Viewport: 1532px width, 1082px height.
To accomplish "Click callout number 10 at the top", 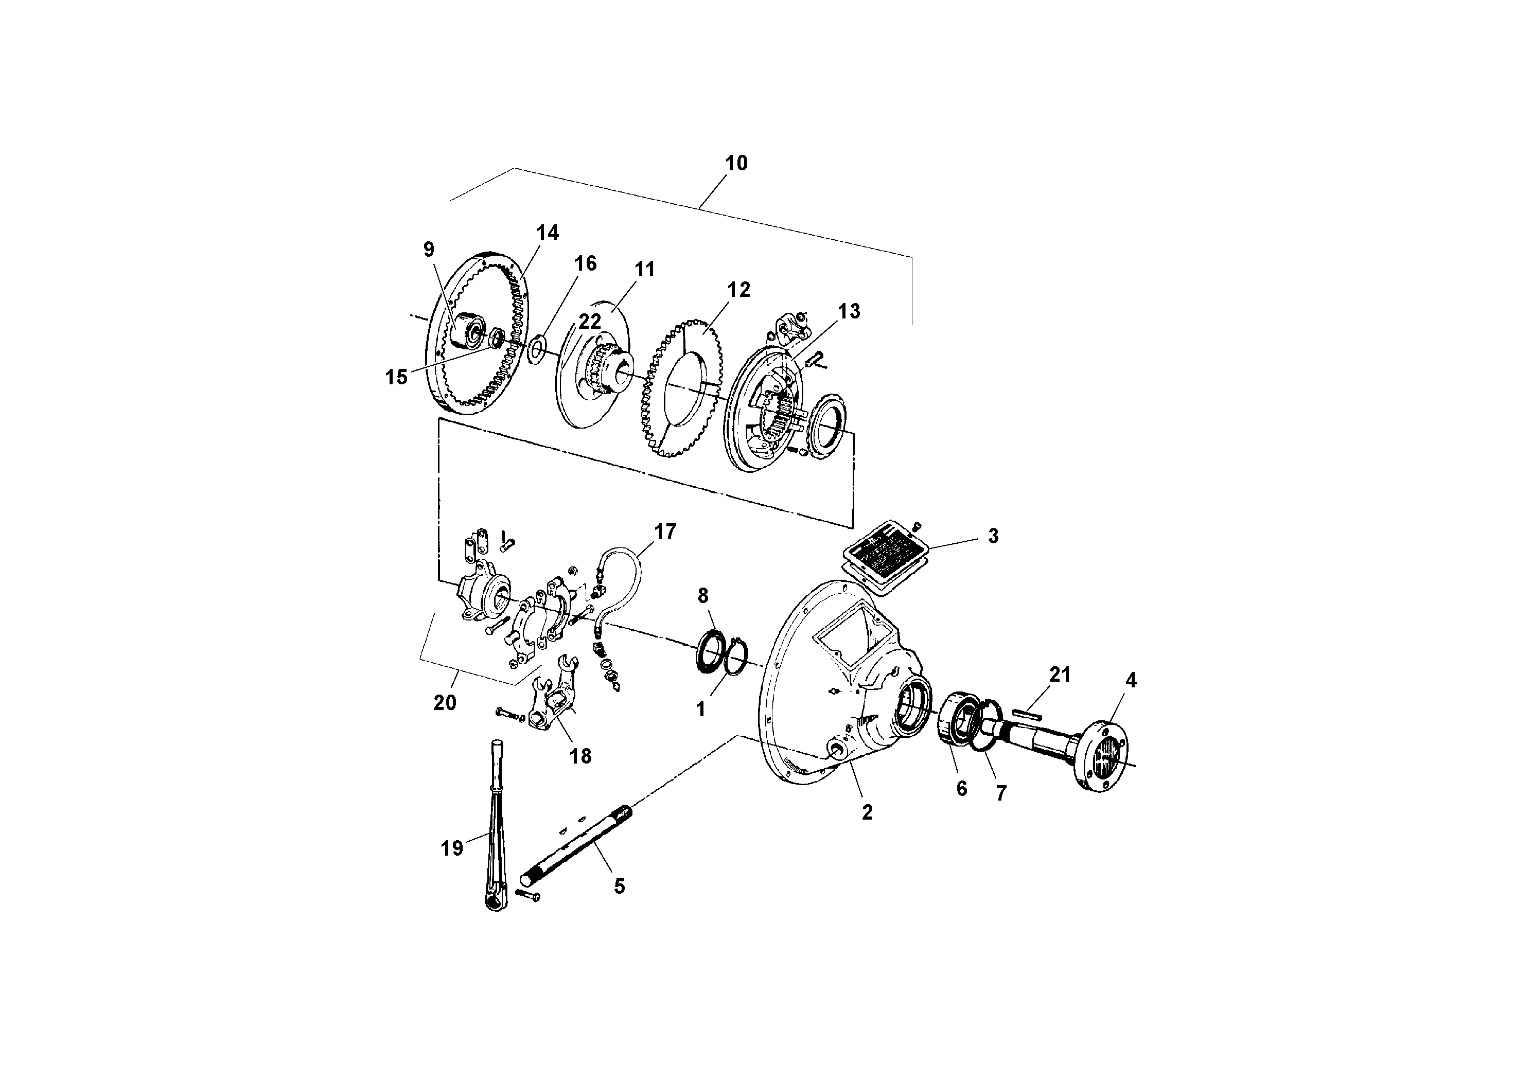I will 736,163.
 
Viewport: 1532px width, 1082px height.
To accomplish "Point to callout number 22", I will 590,322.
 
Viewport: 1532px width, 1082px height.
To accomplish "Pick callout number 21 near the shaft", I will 1060,675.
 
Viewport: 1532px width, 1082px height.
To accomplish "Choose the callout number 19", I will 452,848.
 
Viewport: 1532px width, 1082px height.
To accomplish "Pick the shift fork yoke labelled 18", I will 553,700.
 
